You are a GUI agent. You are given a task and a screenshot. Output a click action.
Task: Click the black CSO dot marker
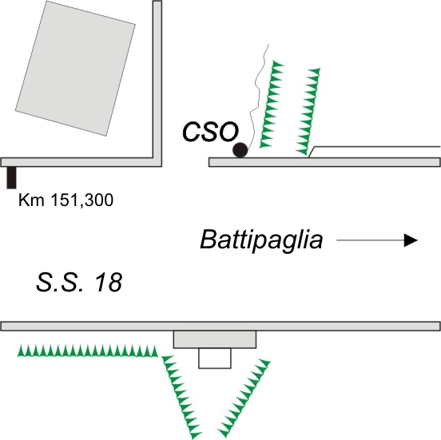pos(240,150)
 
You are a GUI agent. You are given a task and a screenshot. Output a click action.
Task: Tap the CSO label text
pos(210,132)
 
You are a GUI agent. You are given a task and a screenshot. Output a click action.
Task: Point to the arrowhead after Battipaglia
pos(411,240)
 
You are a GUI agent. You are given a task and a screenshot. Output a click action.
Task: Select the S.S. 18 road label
pos(79,282)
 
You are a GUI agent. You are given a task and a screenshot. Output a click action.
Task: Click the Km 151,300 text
pos(66,200)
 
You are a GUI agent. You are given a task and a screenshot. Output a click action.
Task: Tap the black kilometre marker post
pos(11,177)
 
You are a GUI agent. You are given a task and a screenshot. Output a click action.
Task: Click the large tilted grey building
pos(75,69)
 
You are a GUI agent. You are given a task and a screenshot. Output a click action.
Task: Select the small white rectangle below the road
pos(215,359)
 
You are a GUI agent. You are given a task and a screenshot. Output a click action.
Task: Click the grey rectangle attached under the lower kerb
pos(215,339)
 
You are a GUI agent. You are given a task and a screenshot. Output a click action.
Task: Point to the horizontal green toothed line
pos(87,351)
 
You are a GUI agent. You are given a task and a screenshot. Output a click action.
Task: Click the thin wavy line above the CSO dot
pos(256,96)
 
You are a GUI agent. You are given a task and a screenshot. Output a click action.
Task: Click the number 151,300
pos(82,200)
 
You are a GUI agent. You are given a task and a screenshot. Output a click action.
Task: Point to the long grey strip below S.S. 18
pos(220,326)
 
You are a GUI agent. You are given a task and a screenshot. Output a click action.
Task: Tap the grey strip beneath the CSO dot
pos(324,162)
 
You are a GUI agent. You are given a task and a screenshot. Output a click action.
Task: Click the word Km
pos(31,200)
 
